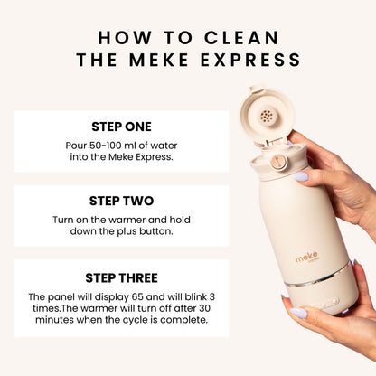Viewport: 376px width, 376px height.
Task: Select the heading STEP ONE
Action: tap(121, 127)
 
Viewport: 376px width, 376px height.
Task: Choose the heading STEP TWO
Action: tap(121, 201)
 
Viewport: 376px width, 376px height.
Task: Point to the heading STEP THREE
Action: tap(121, 278)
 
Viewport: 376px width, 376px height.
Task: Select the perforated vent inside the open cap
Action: tap(268, 117)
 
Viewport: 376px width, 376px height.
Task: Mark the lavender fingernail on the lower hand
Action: tap(297, 313)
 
